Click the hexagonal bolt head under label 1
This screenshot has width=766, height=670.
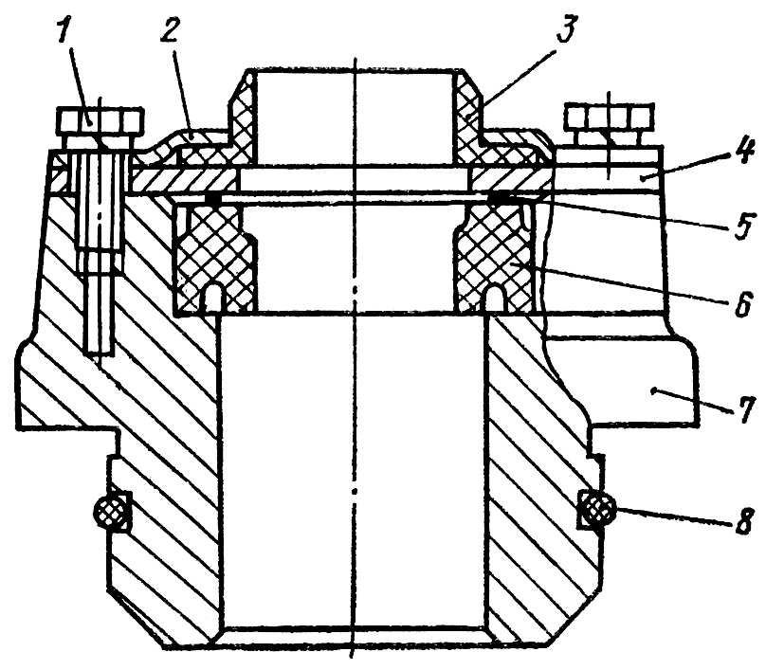point(100,121)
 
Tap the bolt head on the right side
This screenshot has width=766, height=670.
point(610,119)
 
